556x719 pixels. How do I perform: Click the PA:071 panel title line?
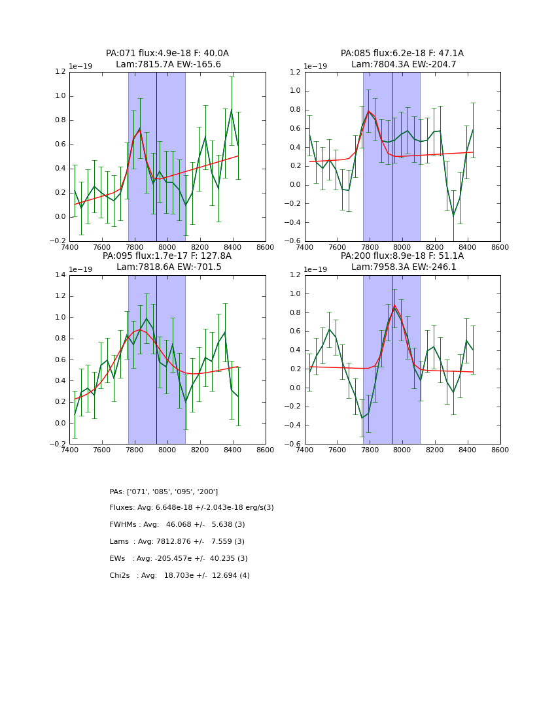[167, 54]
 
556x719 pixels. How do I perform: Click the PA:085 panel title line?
[402, 54]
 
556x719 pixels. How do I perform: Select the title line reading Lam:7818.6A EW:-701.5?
[167, 267]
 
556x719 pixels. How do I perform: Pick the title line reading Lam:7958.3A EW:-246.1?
[402, 267]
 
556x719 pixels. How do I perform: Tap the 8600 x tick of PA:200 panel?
[500, 450]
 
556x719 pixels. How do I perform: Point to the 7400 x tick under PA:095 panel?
[69, 450]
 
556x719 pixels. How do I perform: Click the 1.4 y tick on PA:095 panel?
[60, 275]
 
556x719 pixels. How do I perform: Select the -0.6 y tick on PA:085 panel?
[294, 241]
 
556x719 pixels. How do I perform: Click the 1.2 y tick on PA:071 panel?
[60, 72]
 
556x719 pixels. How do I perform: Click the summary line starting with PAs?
[164, 492]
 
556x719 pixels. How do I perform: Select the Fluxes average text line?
[192, 508]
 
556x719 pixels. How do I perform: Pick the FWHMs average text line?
[177, 525]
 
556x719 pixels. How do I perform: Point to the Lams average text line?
[177, 542]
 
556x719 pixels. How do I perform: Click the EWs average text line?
[179, 559]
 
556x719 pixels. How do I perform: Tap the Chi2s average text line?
[180, 576]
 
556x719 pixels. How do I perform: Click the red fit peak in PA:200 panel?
[394, 306]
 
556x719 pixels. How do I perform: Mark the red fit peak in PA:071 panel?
[140, 129]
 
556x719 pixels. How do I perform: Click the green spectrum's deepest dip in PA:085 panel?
[453, 215]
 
